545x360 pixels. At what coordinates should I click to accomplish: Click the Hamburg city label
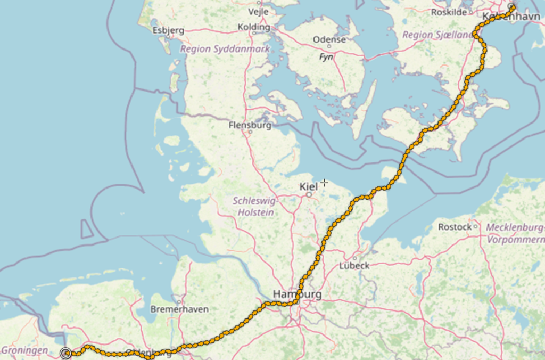pyautogui.click(x=296, y=294)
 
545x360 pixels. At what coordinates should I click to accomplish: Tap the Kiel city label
pyautogui.click(x=309, y=186)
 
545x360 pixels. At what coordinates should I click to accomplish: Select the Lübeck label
pyautogui.click(x=354, y=265)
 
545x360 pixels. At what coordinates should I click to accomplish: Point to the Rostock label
pyautogui.click(x=455, y=227)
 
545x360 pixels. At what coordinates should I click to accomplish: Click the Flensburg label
pyautogui.click(x=250, y=126)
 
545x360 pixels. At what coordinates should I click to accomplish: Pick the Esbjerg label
pyautogui.click(x=168, y=30)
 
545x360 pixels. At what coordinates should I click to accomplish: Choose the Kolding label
pyautogui.click(x=254, y=27)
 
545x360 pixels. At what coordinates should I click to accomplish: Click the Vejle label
pyautogui.click(x=259, y=11)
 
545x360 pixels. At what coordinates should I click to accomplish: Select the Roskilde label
pyautogui.click(x=449, y=12)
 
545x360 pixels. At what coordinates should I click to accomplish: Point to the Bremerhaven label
pyautogui.click(x=179, y=309)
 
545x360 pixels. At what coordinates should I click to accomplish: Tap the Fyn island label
pyautogui.click(x=326, y=56)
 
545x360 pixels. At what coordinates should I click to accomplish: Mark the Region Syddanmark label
pyautogui.click(x=225, y=49)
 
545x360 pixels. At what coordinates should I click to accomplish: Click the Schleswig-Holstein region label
pyautogui.click(x=253, y=207)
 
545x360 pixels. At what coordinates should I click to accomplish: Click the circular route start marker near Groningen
pyautogui.click(x=66, y=353)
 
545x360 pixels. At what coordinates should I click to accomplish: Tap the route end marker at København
pyautogui.click(x=512, y=7)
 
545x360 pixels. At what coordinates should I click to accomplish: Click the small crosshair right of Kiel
pyautogui.click(x=324, y=183)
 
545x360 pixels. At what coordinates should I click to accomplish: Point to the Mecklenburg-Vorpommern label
pyautogui.click(x=515, y=233)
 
